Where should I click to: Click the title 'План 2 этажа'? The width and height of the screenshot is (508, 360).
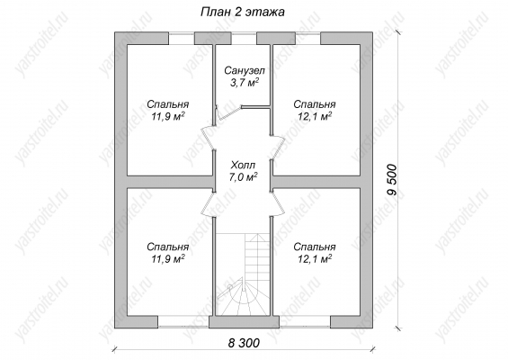243,12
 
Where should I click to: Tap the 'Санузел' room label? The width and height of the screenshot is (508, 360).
245,70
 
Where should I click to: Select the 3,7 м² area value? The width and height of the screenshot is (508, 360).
245,83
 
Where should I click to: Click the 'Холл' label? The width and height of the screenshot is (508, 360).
243,166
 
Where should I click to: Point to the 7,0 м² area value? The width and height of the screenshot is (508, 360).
243,177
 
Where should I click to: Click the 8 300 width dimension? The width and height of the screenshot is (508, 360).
244,343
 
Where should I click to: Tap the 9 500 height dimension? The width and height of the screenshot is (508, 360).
392,180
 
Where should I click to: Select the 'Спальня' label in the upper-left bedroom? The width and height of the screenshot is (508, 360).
168,104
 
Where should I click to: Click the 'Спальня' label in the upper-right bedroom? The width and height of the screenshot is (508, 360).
315,104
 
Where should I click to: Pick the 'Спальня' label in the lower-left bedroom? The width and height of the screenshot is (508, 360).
168,247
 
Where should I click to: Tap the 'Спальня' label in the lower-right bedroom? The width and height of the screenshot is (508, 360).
315,247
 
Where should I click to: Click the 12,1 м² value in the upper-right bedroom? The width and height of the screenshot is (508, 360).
315,116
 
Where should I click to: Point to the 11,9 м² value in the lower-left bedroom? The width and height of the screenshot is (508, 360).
168,259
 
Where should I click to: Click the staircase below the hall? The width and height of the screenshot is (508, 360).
243,274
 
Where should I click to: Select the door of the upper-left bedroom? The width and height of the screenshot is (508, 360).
209,138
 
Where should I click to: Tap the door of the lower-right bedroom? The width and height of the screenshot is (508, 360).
277,204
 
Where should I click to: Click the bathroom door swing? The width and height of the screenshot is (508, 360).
228,112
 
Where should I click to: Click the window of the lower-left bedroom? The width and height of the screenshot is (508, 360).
183,321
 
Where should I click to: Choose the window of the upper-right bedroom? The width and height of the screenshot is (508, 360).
307,39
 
